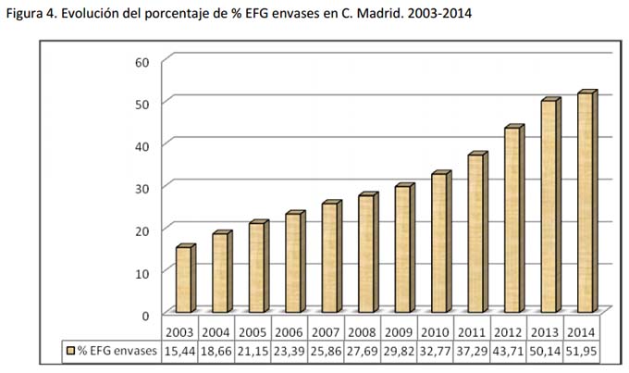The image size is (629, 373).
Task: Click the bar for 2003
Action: click(184, 280)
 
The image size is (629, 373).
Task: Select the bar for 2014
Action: click(585, 203)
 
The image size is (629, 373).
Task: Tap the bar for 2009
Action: click(402, 249)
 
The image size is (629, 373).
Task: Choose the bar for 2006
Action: click(293, 263)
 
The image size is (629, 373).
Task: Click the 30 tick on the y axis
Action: click(141, 186)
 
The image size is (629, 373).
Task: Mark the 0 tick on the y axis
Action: click(144, 314)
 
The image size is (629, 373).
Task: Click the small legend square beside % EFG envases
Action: click(69, 351)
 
